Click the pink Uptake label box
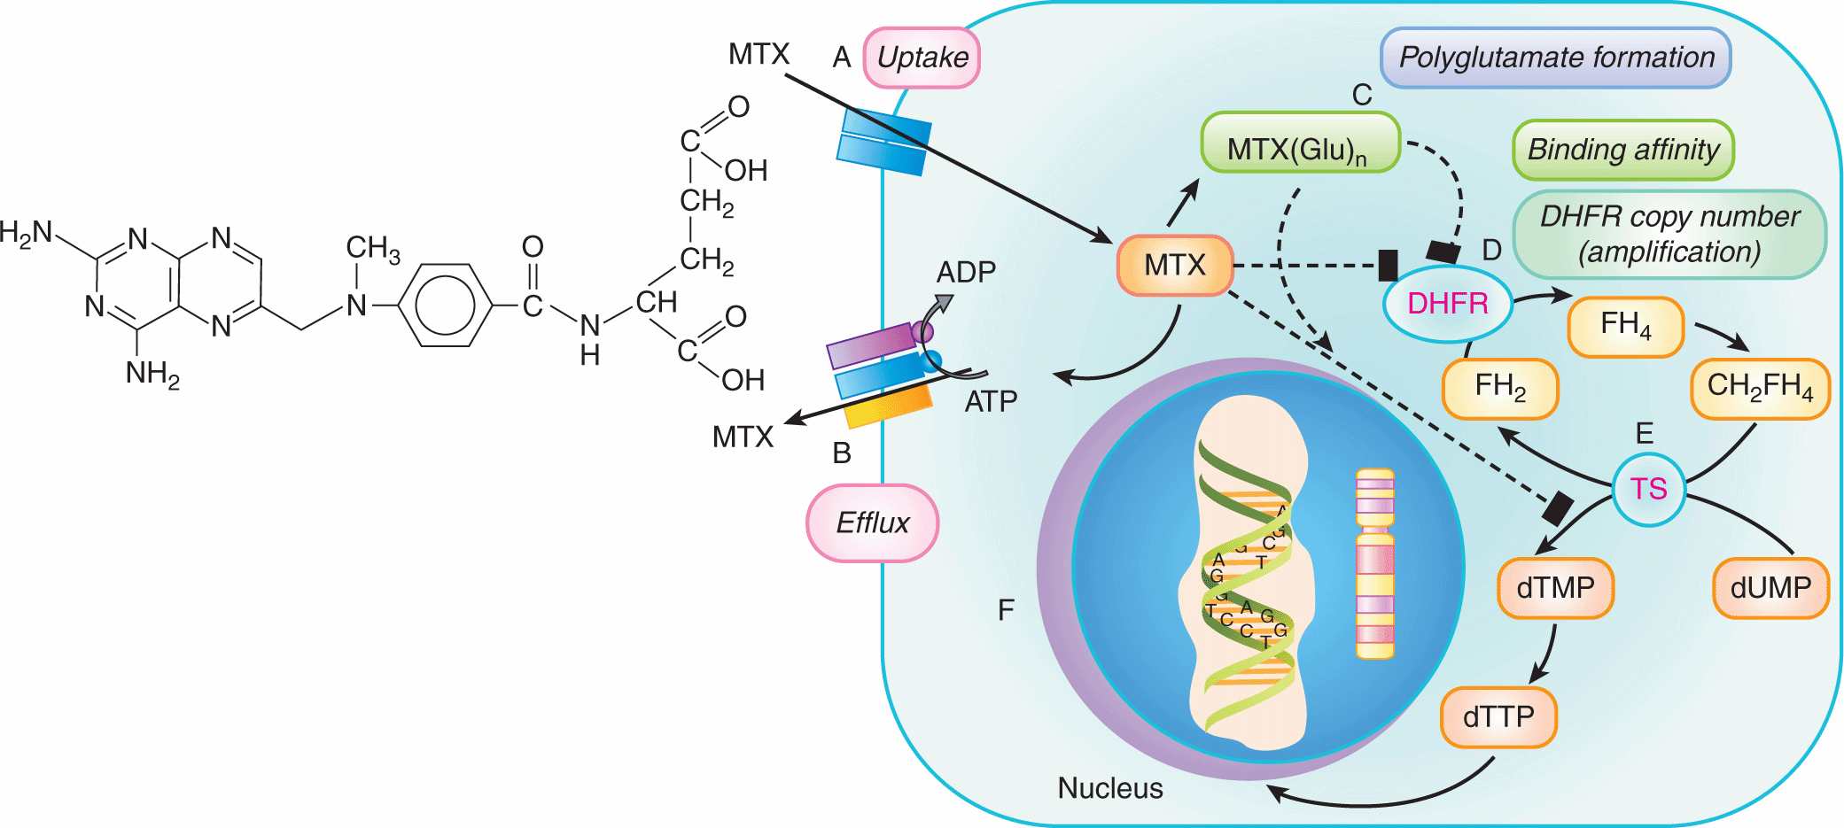922,58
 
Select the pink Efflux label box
872,522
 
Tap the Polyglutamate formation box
1555,58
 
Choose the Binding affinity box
1622,150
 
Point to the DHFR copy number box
1669,234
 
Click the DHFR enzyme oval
1447,304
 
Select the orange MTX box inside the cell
1175,265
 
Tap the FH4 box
1625,326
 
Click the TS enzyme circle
1648,489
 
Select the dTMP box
1555,588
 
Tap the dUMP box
1770,588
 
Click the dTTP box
1498,716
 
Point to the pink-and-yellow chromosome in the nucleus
1374,563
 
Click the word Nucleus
1109,787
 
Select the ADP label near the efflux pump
966,272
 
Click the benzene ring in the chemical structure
447,306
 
